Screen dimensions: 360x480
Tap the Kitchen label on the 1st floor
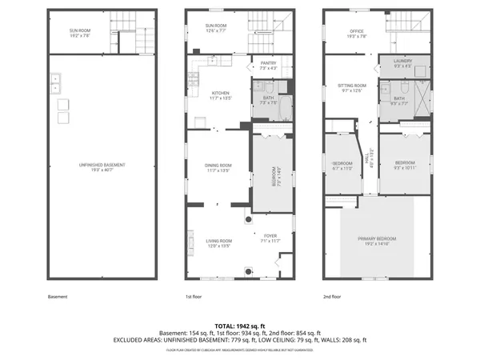pos(220,94)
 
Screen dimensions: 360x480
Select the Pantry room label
pos(268,64)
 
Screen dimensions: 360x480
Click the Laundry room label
pos(402,64)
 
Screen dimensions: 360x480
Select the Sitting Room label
pos(354,86)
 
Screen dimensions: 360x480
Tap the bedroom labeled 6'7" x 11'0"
pos(342,166)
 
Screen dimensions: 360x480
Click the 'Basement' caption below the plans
pos(58,297)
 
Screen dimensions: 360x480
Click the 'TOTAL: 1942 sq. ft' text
pos(240,326)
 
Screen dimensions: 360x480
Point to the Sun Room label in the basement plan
pos(78,32)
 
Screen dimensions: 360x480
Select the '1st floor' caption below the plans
pos(195,297)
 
